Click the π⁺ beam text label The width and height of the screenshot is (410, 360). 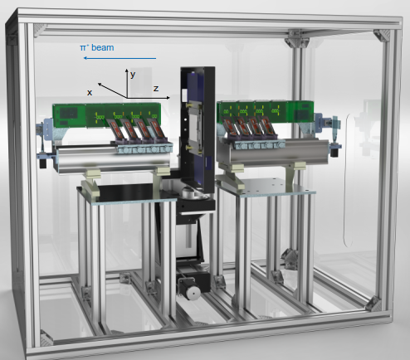click(x=97, y=47)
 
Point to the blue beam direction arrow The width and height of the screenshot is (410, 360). click(x=120, y=58)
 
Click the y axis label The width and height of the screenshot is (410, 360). click(x=133, y=75)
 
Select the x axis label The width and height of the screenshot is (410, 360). click(x=90, y=93)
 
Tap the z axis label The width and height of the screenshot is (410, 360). click(x=156, y=88)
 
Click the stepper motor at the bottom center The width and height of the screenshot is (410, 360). click(x=190, y=288)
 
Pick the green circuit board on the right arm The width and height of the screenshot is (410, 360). click(x=265, y=111)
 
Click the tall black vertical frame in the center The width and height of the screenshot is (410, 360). click(x=198, y=130)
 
